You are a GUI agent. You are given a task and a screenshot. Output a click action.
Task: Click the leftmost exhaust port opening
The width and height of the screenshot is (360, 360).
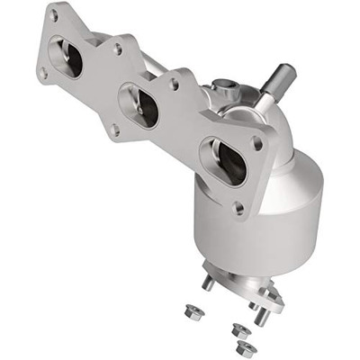tap(67, 59)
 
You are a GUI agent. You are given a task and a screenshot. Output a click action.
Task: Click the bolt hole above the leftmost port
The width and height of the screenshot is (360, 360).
tap(55, 15)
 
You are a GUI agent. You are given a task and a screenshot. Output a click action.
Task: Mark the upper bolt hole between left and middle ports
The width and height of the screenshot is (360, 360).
tap(118, 49)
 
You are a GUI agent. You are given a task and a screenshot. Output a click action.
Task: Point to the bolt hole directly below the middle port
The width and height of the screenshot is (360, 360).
tap(115, 130)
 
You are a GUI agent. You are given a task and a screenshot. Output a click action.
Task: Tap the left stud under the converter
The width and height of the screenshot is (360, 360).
tap(208, 281)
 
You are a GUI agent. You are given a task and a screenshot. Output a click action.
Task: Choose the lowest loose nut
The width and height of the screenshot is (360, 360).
tap(243, 347)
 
